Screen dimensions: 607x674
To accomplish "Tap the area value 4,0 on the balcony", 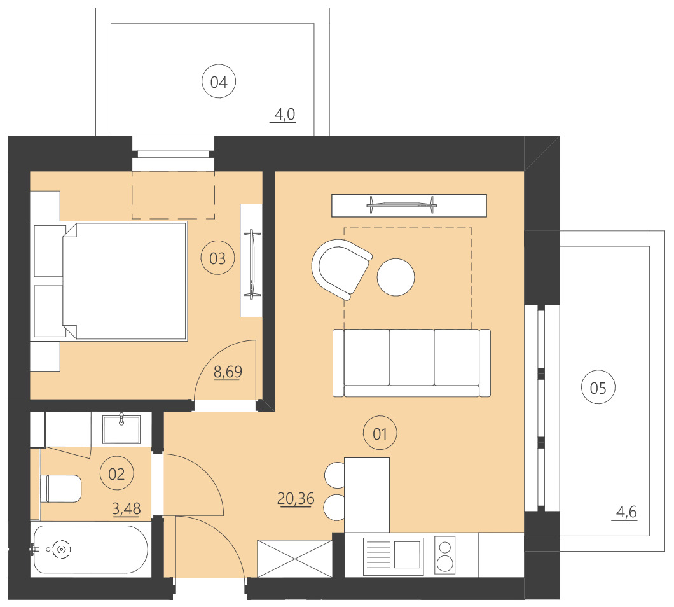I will [283, 115].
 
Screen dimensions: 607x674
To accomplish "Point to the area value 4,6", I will [626, 510].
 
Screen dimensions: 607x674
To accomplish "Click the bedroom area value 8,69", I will [227, 372].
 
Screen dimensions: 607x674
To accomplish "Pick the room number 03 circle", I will [217, 258].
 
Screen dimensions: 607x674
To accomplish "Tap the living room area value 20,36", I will [296, 498].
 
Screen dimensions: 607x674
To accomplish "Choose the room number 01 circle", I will [380, 435].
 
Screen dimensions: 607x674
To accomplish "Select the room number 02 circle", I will [116, 473].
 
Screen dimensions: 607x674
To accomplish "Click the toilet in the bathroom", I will [61, 489].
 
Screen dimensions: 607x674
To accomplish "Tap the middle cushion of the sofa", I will [411, 357].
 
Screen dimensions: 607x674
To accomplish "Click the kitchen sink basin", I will [408, 553].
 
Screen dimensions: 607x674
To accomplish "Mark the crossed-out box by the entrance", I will [294, 559].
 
